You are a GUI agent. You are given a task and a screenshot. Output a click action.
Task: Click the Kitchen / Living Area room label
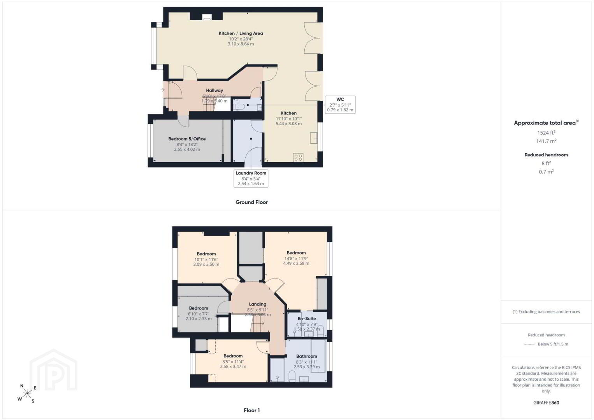point(241,33)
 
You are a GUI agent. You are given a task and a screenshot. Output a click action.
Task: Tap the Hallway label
point(214,90)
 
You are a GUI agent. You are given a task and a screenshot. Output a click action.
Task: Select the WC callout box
point(340,105)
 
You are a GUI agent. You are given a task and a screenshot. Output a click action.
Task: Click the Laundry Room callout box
point(251,178)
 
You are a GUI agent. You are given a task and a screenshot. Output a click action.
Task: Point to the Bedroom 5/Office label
point(187,139)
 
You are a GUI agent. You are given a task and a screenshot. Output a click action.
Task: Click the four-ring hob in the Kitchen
point(298,157)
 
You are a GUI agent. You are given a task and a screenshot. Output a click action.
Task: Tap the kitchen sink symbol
point(314,138)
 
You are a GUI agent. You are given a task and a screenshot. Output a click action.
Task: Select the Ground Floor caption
point(251,202)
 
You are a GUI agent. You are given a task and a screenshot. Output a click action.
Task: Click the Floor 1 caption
point(252,410)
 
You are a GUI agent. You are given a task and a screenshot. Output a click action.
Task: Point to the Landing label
point(257,304)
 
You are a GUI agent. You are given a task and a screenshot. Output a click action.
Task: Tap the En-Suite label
point(307,318)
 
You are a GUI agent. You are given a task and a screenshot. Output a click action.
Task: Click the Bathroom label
point(307,356)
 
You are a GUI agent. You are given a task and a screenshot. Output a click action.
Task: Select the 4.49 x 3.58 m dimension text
point(296,263)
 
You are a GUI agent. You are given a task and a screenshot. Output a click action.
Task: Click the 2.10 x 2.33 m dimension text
point(199,319)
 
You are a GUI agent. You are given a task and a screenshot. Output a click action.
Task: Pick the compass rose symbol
point(27,394)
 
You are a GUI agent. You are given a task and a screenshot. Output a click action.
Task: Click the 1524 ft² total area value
point(546,133)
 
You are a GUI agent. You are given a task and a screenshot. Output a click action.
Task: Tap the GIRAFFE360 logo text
point(546,403)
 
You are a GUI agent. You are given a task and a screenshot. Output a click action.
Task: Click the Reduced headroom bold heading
point(546,155)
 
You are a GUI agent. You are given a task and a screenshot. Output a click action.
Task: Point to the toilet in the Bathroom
point(292,376)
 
